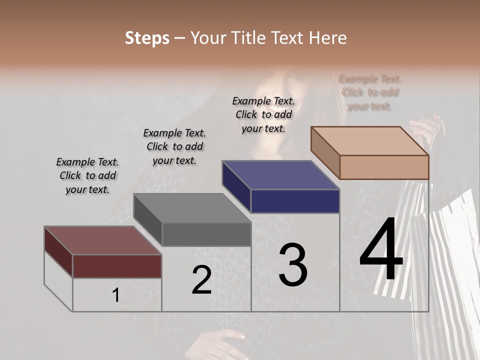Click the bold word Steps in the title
click(x=147, y=38)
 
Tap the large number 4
click(x=381, y=250)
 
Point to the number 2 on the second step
click(x=201, y=280)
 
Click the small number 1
click(x=115, y=295)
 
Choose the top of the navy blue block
click(x=280, y=175)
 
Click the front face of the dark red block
click(x=117, y=266)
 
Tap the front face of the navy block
click(x=295, y=201)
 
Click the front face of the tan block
click(x=384, y=167)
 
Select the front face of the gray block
click(x=206, y=234)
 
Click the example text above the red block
click(x=87, y=176)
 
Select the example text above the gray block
click(x=174, y=147)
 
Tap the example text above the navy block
click(x=263, y=114)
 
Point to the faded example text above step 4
click(x=370, y=92)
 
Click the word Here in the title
click(x=329, y=38)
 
